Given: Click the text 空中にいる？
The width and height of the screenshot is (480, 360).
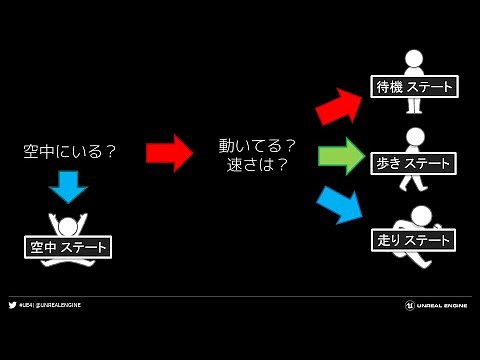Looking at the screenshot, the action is tap(70, 152).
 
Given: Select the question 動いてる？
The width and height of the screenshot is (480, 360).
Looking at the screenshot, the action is tap(257, 145).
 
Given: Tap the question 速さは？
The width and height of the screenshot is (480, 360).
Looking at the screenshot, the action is tap(257, 165).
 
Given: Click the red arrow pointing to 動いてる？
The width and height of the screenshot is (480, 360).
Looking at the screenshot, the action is tap(168, 153).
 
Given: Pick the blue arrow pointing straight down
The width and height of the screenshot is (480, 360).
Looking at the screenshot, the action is tap(68, 186).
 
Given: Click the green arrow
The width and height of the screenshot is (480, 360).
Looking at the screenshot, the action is tap(341, 156).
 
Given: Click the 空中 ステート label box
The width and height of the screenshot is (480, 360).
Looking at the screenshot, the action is tap(68, 247).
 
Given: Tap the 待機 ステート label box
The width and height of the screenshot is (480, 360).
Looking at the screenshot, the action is tap(413, 87).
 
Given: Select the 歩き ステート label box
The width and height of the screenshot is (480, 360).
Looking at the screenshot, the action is tap(413, 162).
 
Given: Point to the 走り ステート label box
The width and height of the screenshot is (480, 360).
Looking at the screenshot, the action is tap(413, 240).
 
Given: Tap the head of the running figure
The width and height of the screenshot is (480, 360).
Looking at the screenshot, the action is tap(422, 214).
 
